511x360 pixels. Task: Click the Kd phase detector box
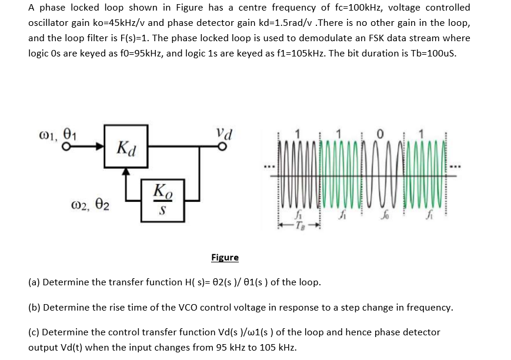125,146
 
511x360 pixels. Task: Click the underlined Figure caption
225,257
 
